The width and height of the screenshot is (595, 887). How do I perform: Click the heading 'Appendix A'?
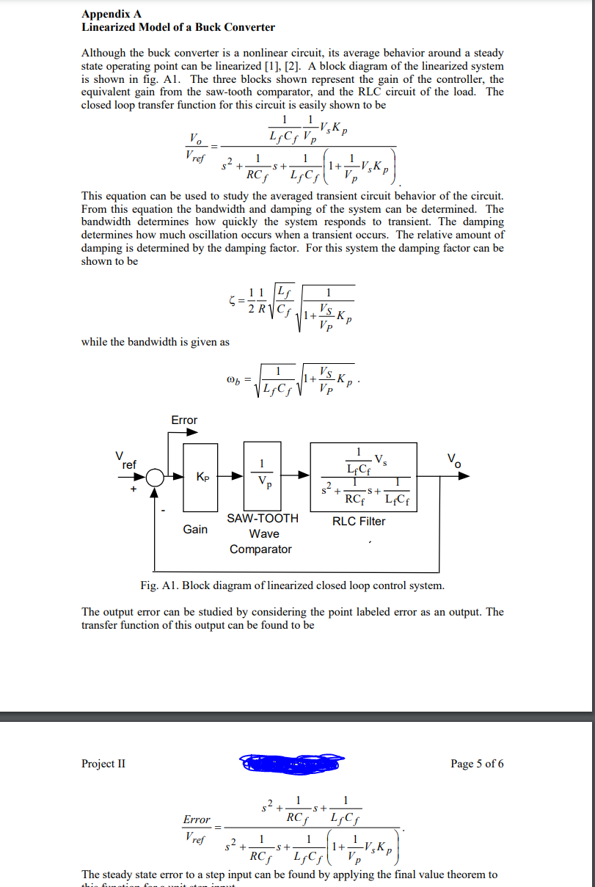pos(112,14)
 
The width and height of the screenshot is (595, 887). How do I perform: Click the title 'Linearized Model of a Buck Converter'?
pos(178,27)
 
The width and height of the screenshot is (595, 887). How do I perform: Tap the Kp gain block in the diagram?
pos(200,477)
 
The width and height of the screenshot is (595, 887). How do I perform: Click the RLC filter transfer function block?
pos(363,476)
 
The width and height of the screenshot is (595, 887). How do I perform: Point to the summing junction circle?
pos(155,477)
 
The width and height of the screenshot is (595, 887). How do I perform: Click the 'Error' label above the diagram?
pos(184,420)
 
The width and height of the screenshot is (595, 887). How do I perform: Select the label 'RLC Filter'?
pos(359,522)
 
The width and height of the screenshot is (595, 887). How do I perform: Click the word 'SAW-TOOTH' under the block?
pos(263,519)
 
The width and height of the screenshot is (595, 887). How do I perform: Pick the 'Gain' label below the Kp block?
pos(195,529)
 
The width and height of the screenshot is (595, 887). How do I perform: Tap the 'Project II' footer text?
pos(103,764)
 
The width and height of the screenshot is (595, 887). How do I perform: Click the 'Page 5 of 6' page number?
pos(477,764)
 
